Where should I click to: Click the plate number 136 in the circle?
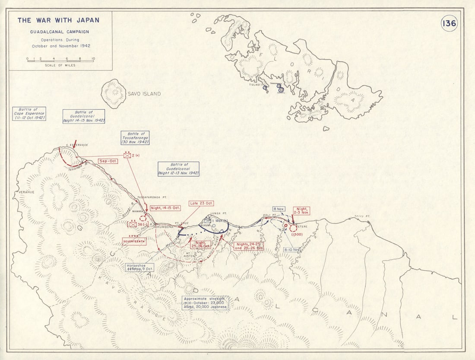pyautogui.click(x=449, y=23)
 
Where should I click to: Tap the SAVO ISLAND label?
pyautogui.click(x=144, y=94)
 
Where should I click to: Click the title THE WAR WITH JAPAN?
pyautogui.click(x=58, y=20)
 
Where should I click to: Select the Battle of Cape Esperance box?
pyautogui.click(x=29, y=113)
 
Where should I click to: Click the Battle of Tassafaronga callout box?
pyautogui.click(x=136, y=138)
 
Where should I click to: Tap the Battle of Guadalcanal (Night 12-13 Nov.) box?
pyautogui.click(x=178, y=169)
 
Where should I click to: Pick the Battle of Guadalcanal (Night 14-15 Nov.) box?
pyautogui.click(x=84, y=116)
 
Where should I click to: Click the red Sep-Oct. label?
pyautogui.click(x=108, y=161)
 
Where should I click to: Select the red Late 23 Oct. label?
pyautogui.click(x=201, y=203)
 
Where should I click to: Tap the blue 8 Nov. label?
pyautogui.click(x=279, y=209)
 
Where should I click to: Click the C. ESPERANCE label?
pyautogui.click(x=77, y=145)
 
